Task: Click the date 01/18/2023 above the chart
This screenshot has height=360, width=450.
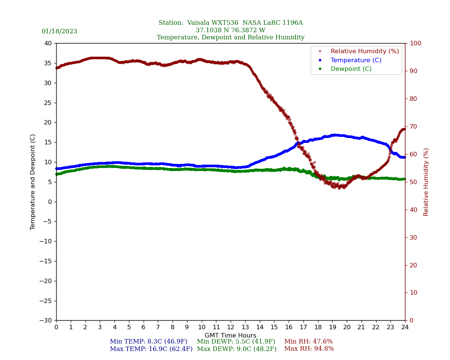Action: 59,31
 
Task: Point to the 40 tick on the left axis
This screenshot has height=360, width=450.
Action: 48,43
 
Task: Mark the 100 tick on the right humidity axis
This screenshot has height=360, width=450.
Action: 415,43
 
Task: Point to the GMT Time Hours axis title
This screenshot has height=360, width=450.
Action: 230,336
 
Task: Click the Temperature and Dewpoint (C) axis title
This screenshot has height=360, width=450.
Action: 33,182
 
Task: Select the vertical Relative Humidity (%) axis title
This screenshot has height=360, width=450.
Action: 426,182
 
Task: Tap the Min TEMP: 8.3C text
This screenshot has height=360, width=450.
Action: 148,342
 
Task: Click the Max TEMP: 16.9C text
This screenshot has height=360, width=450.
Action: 151,349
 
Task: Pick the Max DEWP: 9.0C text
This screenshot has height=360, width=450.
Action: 237,349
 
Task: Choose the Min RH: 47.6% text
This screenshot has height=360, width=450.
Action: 308,342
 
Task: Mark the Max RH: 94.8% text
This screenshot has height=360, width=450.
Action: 309,349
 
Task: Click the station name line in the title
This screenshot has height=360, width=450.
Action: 230,23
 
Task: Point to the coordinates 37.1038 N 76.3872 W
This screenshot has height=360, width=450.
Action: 230,30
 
